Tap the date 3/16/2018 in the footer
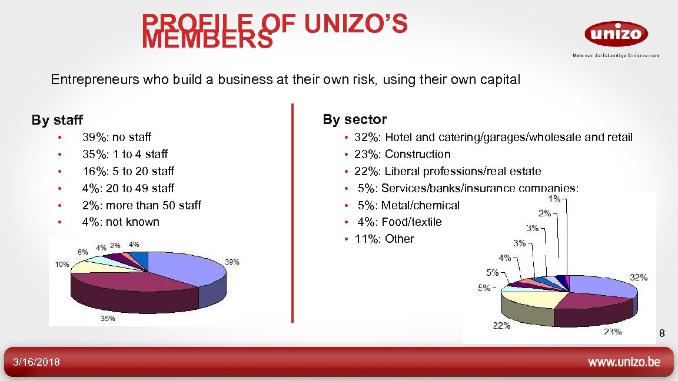coord(32,362)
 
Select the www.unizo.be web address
coord(624,362)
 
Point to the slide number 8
coord(662,335)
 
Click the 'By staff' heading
coord(57,121)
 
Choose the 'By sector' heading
coord(354,119)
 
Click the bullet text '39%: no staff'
coord(117,137)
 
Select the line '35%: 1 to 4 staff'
coord(125,154)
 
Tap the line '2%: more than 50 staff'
coord(141,205)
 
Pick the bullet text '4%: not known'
coord(121,222)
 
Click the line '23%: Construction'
coord(402,154)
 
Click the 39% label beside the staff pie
coord(232,262)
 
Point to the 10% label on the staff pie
coord(62,265)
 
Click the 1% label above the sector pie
coord(553,199)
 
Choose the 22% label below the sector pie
coord(502,326)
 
